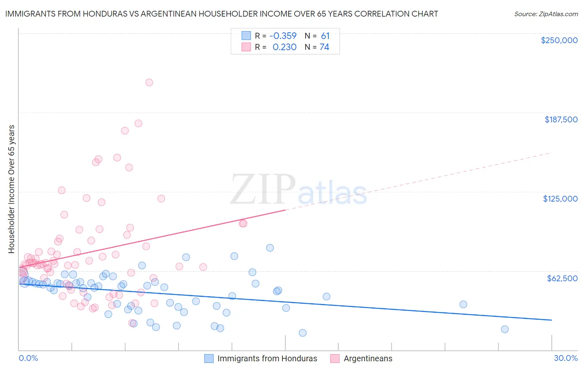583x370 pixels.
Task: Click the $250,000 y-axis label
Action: tap(559, 40)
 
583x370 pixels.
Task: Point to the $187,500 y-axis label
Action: tap(561, 119)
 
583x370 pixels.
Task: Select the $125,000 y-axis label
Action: tap(560, 199)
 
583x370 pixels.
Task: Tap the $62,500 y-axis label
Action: tap(562, 278)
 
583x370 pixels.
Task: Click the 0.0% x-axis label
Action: tap(28, 358)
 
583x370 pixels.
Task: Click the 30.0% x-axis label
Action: tap(566, 358)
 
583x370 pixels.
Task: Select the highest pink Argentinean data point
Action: tap(149, 83)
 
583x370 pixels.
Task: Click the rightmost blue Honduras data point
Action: tap(505, 329)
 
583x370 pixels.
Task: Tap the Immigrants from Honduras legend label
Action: tap(267, 358)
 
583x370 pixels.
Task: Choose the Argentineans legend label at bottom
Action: tap(368, 358)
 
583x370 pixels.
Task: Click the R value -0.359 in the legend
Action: tap(283, 36)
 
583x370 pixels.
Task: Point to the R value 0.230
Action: tap(284, 47)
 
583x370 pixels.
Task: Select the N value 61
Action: tap(325, 36)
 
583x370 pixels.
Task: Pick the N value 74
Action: tap(324, 47)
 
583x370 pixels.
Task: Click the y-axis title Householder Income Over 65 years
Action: tap(12, 189)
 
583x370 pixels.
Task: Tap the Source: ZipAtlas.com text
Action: tap(546, 14)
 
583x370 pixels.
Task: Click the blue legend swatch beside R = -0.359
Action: tap(246, 36)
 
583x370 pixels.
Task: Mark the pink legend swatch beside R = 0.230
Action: tap(246, 47)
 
